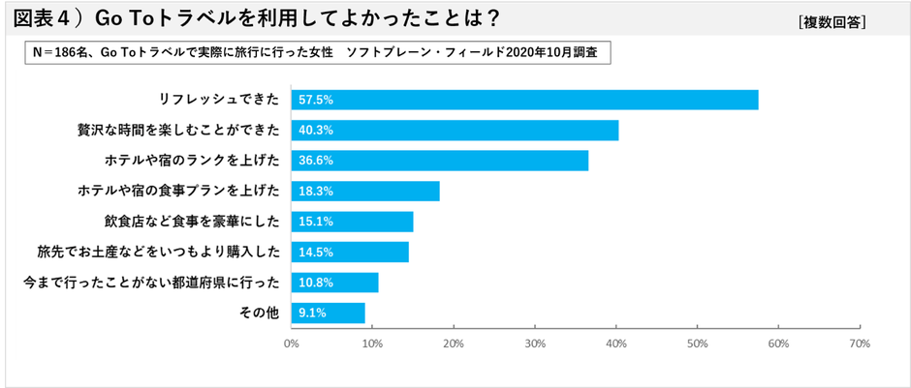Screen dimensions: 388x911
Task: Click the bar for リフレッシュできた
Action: click(x=524, y=100)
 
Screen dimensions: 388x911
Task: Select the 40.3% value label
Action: click(x=317, y=131)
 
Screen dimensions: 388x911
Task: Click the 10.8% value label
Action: click(x=317, y=283)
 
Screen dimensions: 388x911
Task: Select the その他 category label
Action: click(x=260, y=313)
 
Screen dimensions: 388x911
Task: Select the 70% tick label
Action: click(x=859, y=343)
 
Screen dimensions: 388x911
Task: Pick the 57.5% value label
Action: click(x=317, y=100)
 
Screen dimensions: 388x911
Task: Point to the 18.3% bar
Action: click(x=365, y=192)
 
